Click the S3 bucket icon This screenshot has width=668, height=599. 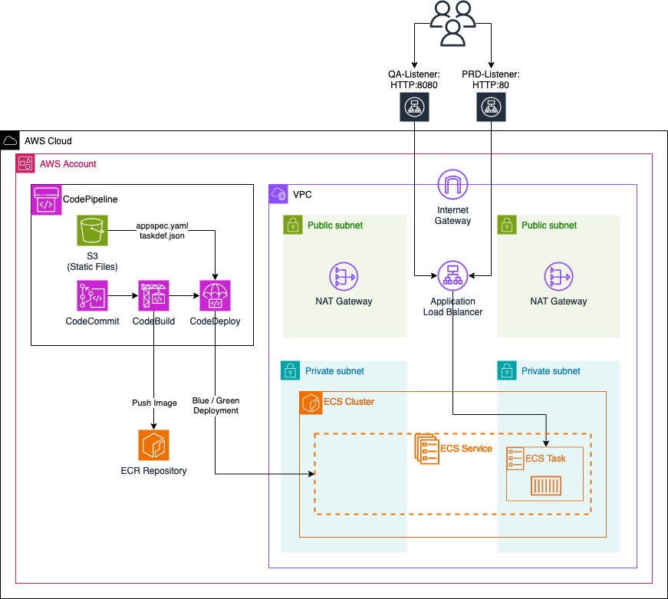coord(92,231)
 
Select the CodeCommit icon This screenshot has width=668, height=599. coord(92,295)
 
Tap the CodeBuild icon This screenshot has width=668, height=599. coord(153,295)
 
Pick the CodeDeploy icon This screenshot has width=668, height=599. coord(215,295)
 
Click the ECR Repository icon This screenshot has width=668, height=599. coord(153,445)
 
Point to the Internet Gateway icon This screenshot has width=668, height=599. coord(452,185)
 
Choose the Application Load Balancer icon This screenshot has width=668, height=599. coord(452,275)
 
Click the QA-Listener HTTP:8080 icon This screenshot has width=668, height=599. coord(414,108)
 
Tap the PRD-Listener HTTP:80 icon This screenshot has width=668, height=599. coord(491,108)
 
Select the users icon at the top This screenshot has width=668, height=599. coord(452,24)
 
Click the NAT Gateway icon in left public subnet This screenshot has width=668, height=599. coord(344,278)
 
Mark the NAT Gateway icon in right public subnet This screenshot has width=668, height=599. coord(558,278)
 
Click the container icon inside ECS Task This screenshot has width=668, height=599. coord(548,486)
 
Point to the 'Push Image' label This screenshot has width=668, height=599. coord(154,403)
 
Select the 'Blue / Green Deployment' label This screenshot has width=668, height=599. coord(216,405)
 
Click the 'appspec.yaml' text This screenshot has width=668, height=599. coord(162,226)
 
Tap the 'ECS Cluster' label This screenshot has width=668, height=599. coord(349,402)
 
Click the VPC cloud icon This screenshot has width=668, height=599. coord(279,195)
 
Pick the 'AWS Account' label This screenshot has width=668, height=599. coord(68,164)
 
